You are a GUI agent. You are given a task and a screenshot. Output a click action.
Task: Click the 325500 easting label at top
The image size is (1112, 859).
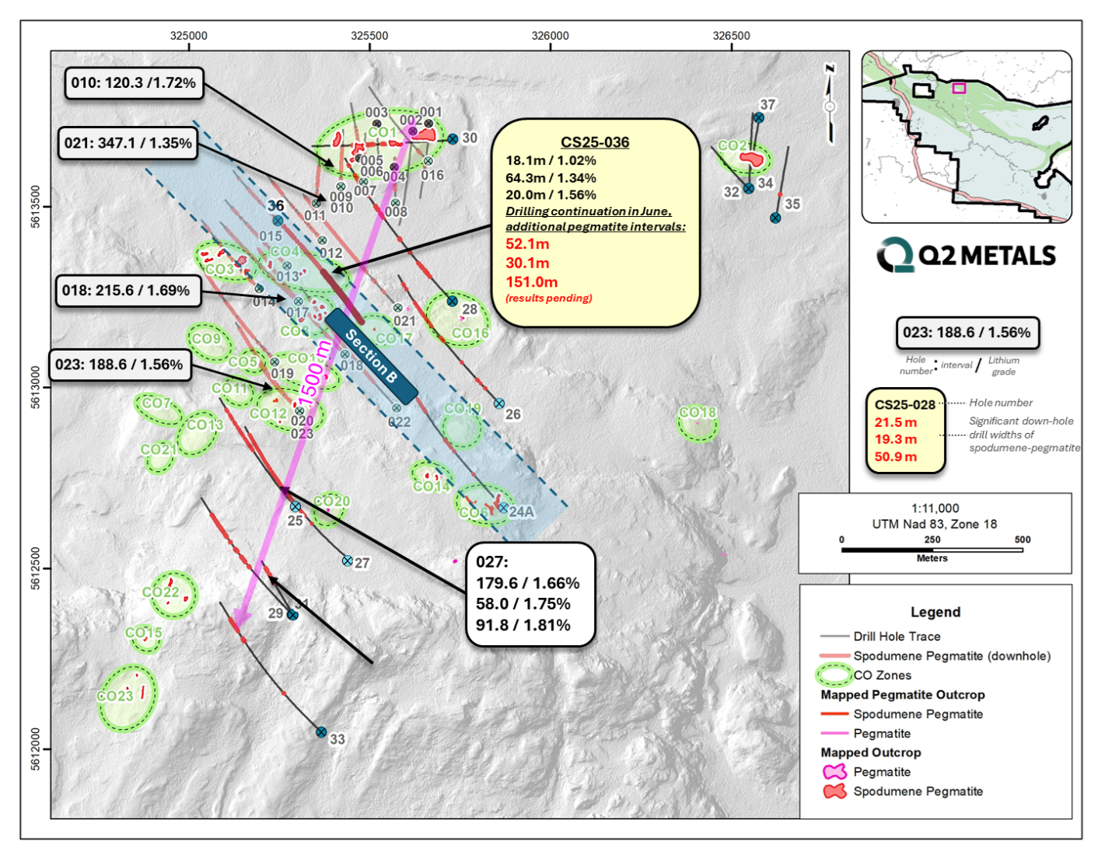[369, 36]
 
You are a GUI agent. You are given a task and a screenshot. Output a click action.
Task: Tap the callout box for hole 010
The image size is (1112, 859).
[134, 83]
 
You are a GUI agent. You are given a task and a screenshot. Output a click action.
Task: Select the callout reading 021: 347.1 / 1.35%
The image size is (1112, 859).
[128, 143]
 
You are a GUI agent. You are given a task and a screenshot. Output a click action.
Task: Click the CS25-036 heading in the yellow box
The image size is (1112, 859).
[595, 142]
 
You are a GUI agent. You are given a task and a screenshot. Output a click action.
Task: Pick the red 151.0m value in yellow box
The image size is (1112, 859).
[531, 281]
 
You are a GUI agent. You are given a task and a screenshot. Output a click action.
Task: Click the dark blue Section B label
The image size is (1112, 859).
[372, 356]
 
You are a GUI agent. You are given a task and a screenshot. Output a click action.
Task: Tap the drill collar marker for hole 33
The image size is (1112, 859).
[321, 732]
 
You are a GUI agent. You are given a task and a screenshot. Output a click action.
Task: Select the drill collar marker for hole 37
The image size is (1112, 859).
[758, 118]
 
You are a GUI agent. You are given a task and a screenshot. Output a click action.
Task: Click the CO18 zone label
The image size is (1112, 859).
[698, 412]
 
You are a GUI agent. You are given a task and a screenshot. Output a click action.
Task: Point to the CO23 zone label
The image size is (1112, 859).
[114, 696]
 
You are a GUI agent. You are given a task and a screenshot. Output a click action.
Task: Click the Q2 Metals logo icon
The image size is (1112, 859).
[895, 255]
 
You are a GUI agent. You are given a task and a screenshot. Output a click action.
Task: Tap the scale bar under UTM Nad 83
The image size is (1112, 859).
[932, 550]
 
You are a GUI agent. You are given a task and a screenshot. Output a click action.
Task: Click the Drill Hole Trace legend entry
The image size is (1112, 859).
[897, 636]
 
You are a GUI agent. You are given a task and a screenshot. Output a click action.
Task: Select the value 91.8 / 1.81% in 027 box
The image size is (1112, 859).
[523, 625]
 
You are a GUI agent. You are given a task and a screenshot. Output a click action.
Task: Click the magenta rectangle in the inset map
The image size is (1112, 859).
[959, 88]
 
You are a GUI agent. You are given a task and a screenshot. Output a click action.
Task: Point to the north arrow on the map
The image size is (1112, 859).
[830, 105]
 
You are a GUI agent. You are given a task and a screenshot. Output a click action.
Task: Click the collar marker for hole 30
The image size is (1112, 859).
[453, 139]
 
